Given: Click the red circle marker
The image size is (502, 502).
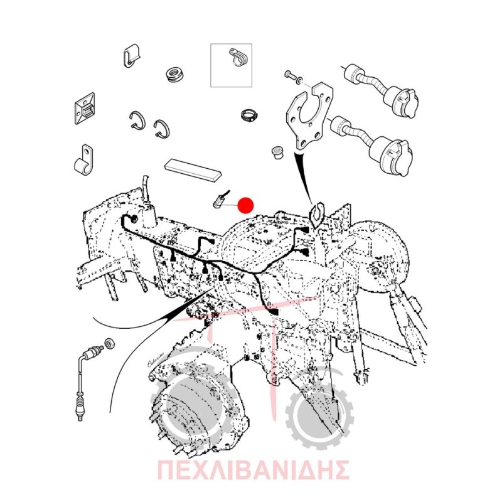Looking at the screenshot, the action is pos(245,205).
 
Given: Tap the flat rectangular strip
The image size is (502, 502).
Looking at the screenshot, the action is pos(193,170).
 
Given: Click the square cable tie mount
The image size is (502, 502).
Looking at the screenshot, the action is pos(85,108).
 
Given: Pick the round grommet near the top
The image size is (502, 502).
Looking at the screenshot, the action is pos(175,75).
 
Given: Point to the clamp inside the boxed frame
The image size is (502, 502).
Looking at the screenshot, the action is pos(239,58).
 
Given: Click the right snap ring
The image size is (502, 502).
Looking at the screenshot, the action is pos(162,129).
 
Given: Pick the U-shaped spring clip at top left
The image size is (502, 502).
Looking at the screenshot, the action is pos(131,56).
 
